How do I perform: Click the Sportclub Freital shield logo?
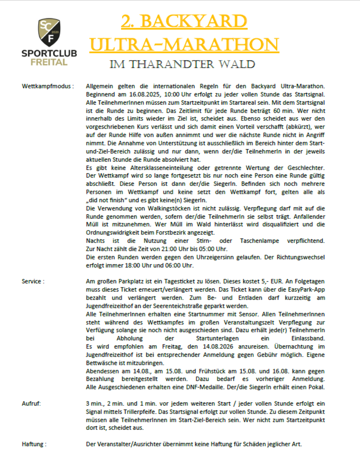(x=49, y=33)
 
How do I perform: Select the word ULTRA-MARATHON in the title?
(x=184, y=45)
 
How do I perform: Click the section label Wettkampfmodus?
(x=48, y=86)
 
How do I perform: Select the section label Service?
(x=33, y=281)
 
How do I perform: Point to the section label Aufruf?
(x=32, y=403)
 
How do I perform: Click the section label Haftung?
(x=34, y=444)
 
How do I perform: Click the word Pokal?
(x=318, y=387)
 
